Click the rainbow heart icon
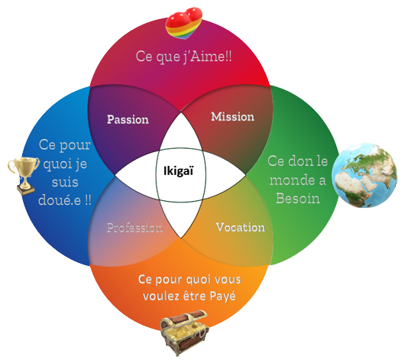183,23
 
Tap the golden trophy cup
24,176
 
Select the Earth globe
364,175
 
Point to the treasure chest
184,332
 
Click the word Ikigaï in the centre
178,171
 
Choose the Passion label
128,120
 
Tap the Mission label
233,117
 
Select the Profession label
135,228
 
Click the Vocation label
241,228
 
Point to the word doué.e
60,199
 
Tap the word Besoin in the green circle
298,199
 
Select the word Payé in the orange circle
222,296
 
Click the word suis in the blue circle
65,182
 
